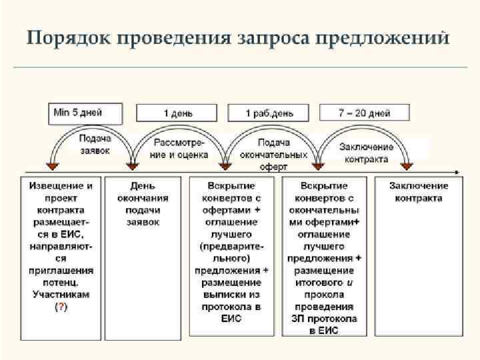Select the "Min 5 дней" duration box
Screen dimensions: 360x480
(85, 113)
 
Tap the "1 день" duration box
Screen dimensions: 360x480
(178, 113)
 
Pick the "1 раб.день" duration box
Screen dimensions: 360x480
(271, 113)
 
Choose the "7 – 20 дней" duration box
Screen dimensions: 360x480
(363, 113)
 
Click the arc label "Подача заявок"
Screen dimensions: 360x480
(95, 145)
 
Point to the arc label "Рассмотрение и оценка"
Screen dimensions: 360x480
(181, 149)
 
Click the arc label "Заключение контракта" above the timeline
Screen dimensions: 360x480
(366, 153)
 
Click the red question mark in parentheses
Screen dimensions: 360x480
(61, 307)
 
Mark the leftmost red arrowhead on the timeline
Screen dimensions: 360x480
(50, 165)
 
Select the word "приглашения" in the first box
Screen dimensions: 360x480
(61, 271)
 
